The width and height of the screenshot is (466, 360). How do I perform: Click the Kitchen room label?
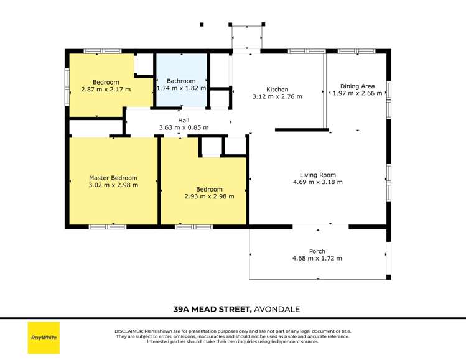[x=277, y=90]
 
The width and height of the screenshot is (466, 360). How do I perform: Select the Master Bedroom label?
[x=113, y=178]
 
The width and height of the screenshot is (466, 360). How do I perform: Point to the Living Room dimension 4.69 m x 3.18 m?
[x=317, y=182]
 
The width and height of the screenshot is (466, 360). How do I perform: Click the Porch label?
[x=317, y=251]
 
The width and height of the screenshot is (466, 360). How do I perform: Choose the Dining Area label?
[x=356, y=86]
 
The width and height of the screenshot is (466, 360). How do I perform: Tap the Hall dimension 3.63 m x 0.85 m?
[x=184, y=127]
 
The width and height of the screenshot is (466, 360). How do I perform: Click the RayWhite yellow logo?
[x=44, y=338]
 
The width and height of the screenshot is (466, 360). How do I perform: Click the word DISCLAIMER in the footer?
[x=130, y=331]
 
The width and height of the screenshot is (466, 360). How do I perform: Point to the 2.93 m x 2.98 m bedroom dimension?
[x=209, y=196]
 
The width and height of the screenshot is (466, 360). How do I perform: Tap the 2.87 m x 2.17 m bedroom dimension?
[x=106, y=89]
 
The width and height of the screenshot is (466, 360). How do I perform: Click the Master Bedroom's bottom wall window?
[x=108, y=227]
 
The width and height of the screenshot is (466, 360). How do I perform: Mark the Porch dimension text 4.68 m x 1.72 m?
[x=317, y=259]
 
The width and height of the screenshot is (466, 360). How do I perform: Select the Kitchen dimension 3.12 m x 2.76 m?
[x=277, y=96]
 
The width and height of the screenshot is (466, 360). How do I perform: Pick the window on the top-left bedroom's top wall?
[x=103, y=50]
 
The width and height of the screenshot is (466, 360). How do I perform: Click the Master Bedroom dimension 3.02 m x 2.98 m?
[x=113, y=185]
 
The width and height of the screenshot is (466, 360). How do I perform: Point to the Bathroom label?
[x=181, y=81]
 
